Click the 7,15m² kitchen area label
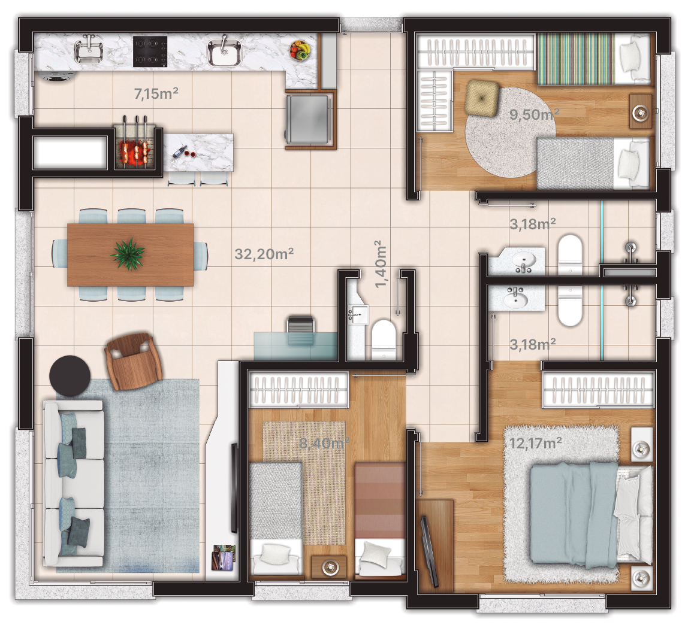(156, 94)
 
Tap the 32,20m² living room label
(264, 254)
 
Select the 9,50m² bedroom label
(534, 114)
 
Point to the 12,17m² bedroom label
(535, 443)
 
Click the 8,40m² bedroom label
(324, 443)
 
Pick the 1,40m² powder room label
(381, 264)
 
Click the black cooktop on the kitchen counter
(150, 51)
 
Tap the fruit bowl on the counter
(300, 50)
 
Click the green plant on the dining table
(128, 254)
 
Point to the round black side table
(70, 375)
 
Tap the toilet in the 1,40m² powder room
(384, 339)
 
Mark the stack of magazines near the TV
(224, 557)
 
